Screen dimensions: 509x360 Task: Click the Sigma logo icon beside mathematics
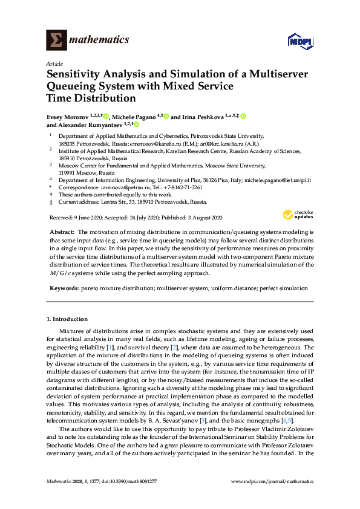coord(56,41)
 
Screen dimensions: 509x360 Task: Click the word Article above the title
coord(53,63)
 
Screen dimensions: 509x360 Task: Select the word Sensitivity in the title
coord(74,74)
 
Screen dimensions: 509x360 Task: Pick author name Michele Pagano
coord(134,116)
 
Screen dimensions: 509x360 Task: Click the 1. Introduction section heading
coord(67,319)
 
